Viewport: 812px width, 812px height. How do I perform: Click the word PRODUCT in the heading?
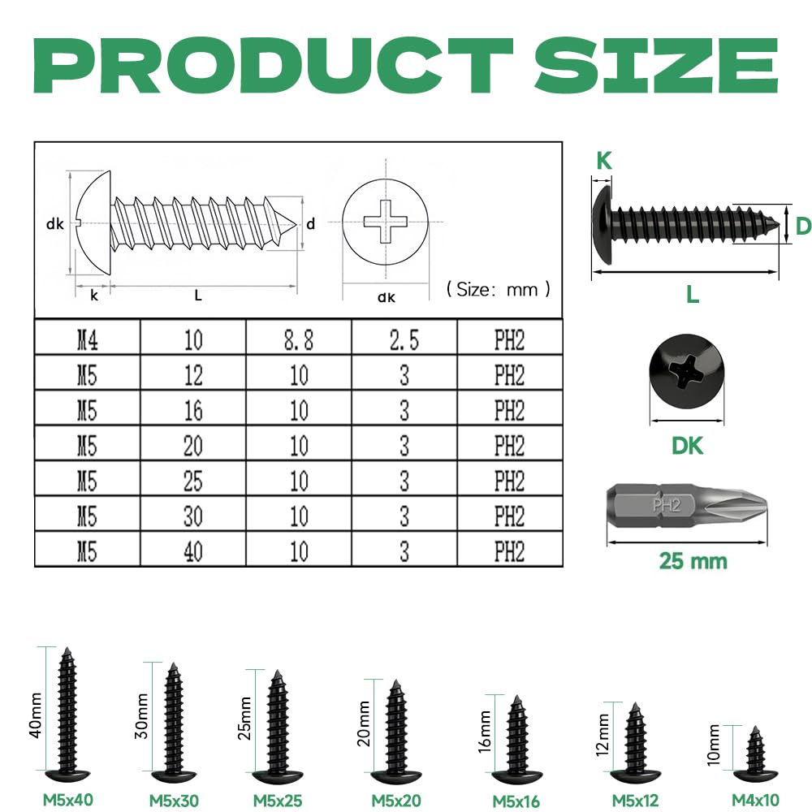pyautogui.click(x=273, y=65)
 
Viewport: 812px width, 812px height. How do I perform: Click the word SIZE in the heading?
pyautogui.click(x=656, y=65)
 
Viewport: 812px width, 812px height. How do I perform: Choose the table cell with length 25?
pyautogui.click(x=193, y=481)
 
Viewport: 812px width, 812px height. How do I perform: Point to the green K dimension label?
pyautogui.click(x=604, y=161)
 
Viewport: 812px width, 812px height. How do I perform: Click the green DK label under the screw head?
pyautogui.click(x=687, y=446)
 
